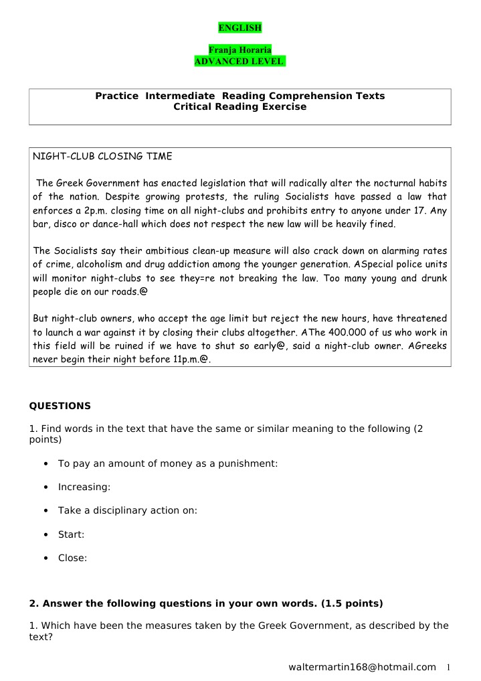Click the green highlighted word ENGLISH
point(240,27)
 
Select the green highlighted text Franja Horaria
point(240,50)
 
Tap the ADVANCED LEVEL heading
point(239,62)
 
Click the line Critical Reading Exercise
point(240,107)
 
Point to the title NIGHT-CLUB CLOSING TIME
point(102,157)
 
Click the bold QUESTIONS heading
point(60,406)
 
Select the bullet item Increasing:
point(84,487)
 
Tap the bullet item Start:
point(71,534)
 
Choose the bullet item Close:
point(72,558)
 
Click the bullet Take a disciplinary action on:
point(127,510)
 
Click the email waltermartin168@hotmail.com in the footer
point(362,667)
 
